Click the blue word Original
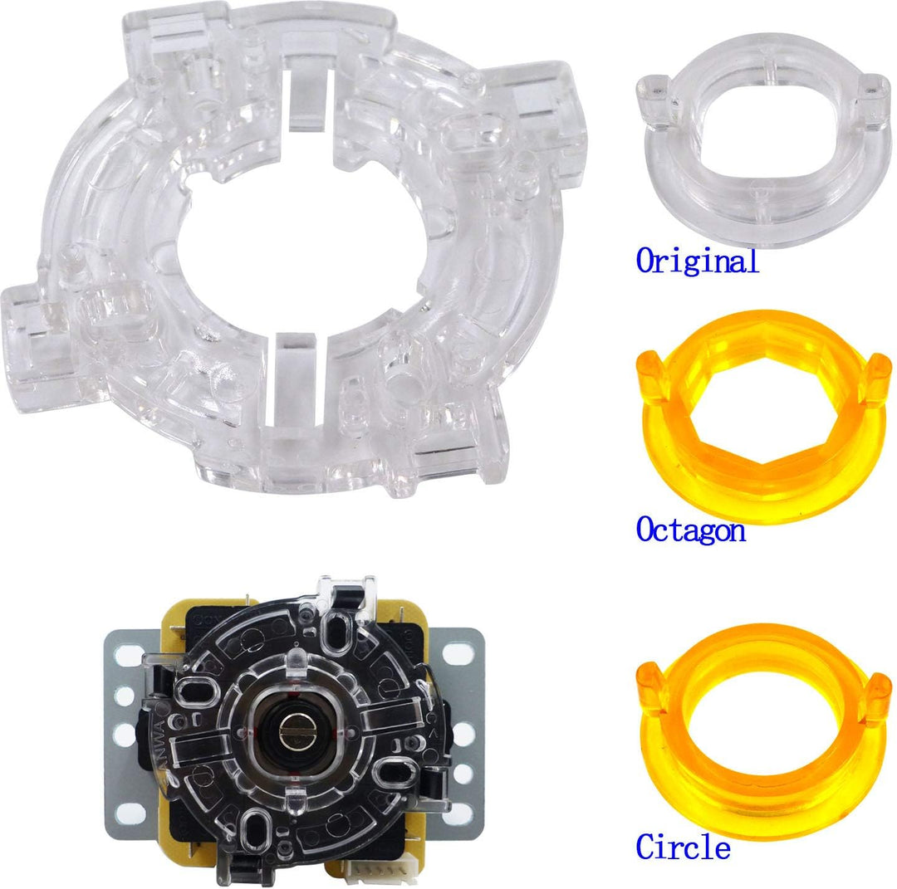[698, 261]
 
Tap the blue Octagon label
[691, 530]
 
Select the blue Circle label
[683, 846]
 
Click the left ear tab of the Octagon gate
[652, 375]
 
